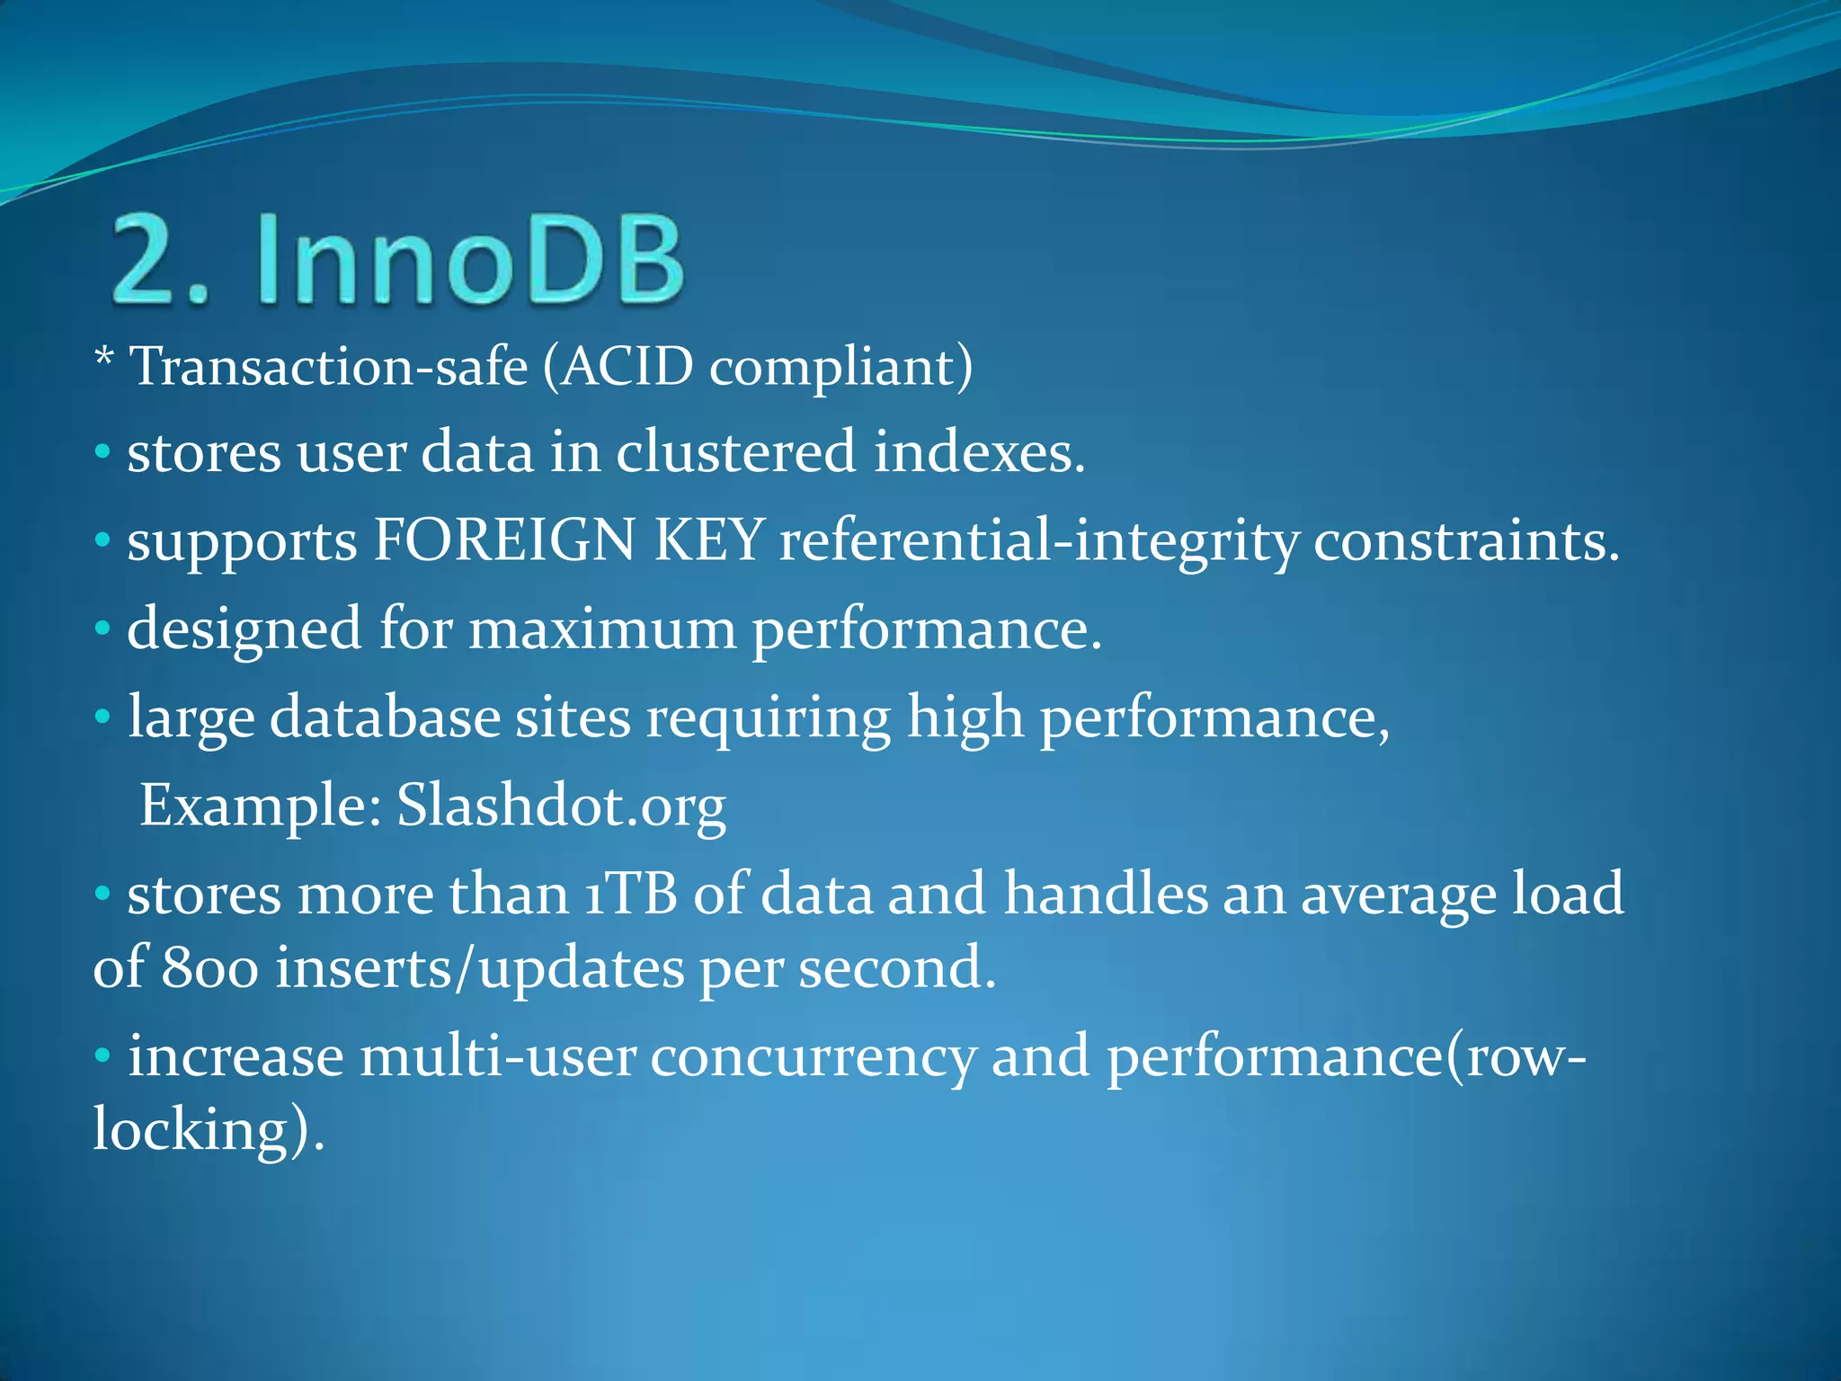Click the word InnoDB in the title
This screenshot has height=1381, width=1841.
[469, 261]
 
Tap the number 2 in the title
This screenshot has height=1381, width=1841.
[148, 261]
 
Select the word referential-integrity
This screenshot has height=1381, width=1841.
[1038, 542]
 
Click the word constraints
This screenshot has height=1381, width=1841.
[1465, 542]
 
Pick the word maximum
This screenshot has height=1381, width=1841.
[601, 629]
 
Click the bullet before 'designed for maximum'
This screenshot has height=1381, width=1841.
[102, 628]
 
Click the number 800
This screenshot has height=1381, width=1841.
[210, 968]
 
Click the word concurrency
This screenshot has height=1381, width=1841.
[813, 1057]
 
